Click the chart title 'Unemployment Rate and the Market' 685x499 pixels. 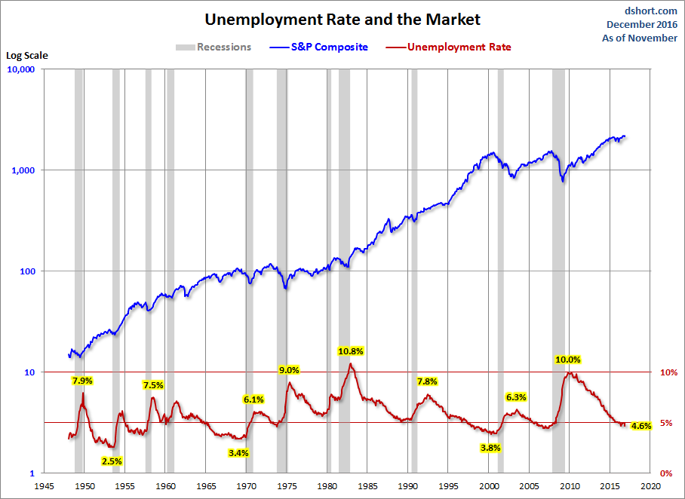coord(342,19)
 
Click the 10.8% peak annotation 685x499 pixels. coord(350,351)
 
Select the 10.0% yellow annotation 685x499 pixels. coord(568,360)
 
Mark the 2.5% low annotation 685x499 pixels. coord(112,461)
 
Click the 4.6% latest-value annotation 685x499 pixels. coord(640,426)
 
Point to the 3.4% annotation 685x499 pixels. coord(238,453)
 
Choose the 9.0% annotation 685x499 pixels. coord(289,370)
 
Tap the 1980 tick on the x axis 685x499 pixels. coord(327,486)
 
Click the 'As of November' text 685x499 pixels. coord(640,38)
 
